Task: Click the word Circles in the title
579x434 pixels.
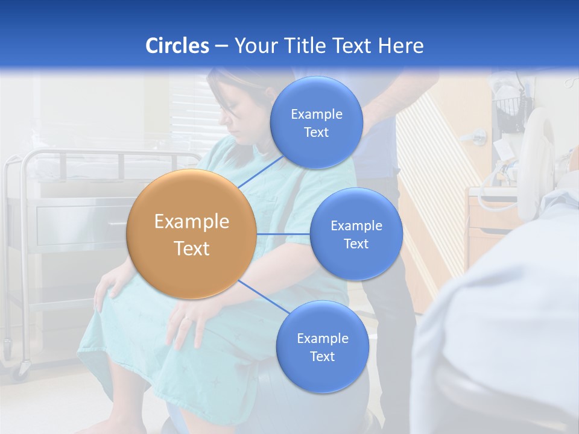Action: click(x=177, y=46)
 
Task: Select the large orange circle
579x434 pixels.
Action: click(x=191, y=234)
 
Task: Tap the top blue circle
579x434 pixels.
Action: click(x=316, y=122)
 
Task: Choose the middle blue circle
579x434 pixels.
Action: click(x=356, y=234)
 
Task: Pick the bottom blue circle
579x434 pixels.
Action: click(x=322, y=347)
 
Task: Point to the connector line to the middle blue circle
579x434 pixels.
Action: click(x=283, y=233)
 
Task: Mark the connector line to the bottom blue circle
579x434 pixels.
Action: click(x=262, y=298)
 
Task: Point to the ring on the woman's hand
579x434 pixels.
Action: click(x=188, y=318)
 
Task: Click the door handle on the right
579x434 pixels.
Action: click(x=478, y=136)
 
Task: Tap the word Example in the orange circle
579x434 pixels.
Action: click(x=191, y=222)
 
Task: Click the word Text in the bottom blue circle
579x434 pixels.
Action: click(x=322, y=356)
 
